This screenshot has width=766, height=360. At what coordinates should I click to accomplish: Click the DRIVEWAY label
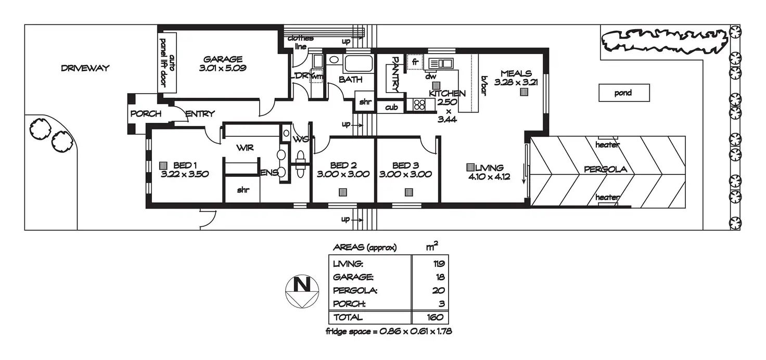tap(85, 68)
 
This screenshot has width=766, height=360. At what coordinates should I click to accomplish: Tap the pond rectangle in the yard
tap(623, 93)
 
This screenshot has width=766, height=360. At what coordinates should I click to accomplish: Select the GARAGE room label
tap(223, 59)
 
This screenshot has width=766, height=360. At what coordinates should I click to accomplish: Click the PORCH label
tap(146, 113)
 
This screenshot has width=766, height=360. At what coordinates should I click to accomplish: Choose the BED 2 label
tap(342, 165)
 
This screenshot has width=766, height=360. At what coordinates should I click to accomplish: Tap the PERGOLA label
tap(605, 169)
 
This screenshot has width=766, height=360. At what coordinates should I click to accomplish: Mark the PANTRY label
tap(395, 73)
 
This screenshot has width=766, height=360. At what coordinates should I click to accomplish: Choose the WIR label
tap(245, 148)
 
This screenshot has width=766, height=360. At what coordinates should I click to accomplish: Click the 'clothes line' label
tap(300, 42)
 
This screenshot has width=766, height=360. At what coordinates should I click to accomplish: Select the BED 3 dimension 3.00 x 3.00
tap(405, 175)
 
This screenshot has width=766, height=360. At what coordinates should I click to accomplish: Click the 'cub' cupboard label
tap(391, 108)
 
